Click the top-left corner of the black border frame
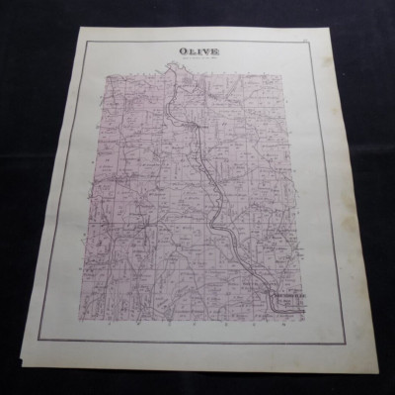tap(83, 44)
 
